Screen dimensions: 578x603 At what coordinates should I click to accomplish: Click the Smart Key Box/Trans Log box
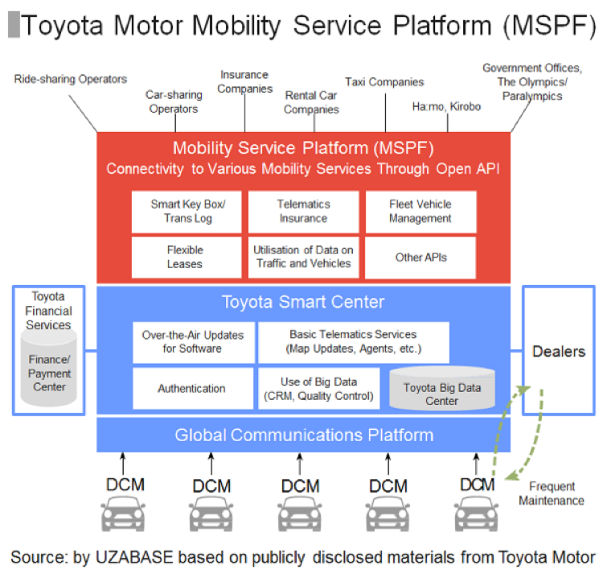[x=187, y=212]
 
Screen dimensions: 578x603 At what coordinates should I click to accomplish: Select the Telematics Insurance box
[x=303, y=212]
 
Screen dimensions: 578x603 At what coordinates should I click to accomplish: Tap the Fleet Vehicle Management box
[x=420, y=212]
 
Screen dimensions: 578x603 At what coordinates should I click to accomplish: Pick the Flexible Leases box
[x=187, y=257]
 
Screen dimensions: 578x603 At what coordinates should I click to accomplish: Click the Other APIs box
[x=420, y=257]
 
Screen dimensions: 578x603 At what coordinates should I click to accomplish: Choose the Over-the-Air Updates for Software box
[x=193, y=342]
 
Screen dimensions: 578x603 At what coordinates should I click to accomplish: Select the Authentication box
[x=191, y=388]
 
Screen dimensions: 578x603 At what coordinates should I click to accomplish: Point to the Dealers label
[x=559, y=352]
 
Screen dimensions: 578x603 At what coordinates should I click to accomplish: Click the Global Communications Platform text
[x=305, y=436]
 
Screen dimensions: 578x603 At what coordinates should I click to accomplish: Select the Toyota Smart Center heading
[x=304, y=303]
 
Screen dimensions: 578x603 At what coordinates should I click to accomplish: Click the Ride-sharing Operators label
[x=71, y=79]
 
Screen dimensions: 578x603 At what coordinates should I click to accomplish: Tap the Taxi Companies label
[x=384, y=82]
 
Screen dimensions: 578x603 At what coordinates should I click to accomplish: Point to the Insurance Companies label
[x=245, y=82]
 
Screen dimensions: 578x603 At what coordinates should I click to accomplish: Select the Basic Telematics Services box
[x=353, y=342]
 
